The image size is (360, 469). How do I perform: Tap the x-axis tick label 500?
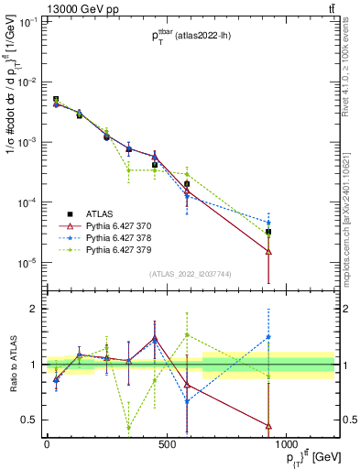point(167,443)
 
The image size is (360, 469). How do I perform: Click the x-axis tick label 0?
point(47,443)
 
